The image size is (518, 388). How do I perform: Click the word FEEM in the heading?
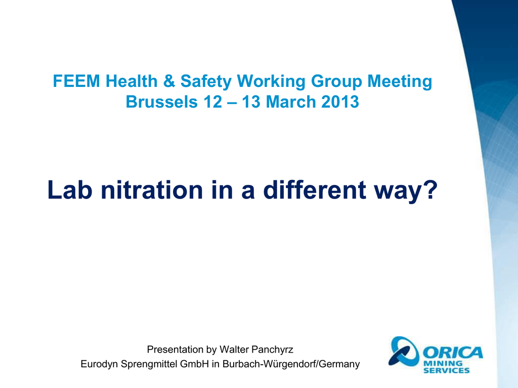click(x=76, y=81)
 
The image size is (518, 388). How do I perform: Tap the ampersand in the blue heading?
click(x=169, y=81)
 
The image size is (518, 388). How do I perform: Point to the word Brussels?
click(x=161, y=102)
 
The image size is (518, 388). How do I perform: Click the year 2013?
click(x=340, y=102)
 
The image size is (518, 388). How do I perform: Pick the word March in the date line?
click(x=291, y=102)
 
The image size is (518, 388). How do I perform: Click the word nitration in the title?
click(x=152, y=190)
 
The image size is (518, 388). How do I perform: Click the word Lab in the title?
click(x=70, y=190)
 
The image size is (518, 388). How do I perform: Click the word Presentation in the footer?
click(x=175, y=350)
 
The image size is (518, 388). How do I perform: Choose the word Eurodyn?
click(x=99, y=364)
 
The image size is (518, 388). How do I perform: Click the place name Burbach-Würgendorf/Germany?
click(x=291, y=364)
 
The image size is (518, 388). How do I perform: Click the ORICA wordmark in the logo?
click(x=453, y=353)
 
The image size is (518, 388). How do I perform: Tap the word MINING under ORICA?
click(x=443, y=363)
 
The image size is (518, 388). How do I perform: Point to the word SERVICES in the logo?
click(x=446, y=370)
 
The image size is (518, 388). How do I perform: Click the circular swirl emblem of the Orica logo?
click(x=404, y=351)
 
